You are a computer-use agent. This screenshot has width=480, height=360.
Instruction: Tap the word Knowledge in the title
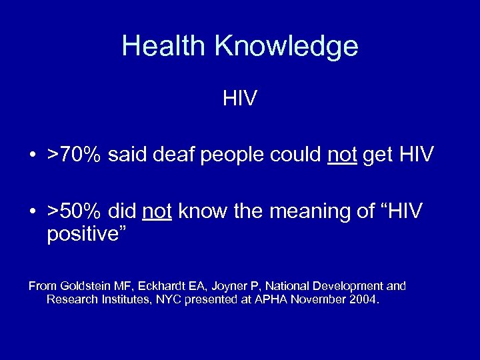click(x=286, y=47)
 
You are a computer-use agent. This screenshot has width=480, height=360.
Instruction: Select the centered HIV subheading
click(x=240, y=100)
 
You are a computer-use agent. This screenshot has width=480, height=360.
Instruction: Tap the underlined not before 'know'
click(x=157, y=212)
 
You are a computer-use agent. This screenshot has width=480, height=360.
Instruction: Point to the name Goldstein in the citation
click(x=86, y=286)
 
